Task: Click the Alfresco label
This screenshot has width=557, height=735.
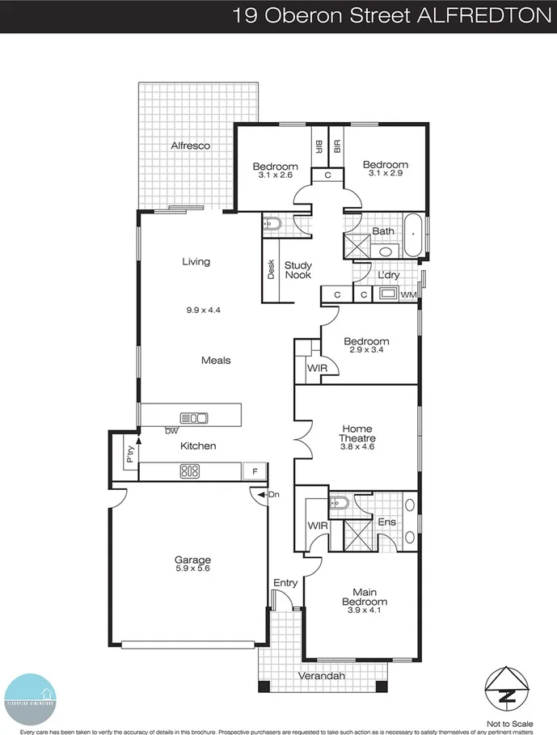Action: pos(190,146)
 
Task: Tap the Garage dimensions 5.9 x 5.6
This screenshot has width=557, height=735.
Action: pos(192,569)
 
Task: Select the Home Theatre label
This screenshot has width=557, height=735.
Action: pos(357,433)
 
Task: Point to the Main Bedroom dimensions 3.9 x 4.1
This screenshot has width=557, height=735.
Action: pos(364,611)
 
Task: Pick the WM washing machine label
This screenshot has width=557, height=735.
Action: pos(409,294)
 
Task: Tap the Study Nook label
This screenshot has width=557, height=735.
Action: pos(297,270)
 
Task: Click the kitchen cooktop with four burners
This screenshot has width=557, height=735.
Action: pos(189,471)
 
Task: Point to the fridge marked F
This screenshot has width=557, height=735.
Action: pos(255,471)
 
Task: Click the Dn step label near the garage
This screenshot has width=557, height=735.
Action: pos(273,494)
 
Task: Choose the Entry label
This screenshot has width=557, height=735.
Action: pos(285,582)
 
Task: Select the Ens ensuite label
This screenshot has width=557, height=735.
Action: pos(386,522)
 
